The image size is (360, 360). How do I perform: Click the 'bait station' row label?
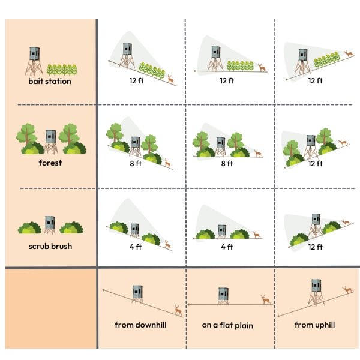pos(50,81)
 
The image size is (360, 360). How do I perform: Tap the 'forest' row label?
pos(50,163)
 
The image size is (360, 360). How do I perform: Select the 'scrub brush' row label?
pos(50,247)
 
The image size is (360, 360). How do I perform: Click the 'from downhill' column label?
pos(140,325)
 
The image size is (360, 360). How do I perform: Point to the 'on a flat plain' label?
pos(227,325)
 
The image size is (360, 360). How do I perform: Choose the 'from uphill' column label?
pos(314,325)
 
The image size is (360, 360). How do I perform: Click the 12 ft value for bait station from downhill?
pos(137,81)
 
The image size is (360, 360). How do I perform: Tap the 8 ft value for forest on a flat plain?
pos(227,163)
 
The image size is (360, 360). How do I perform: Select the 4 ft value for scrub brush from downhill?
pos(136,247)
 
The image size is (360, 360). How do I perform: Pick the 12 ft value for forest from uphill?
pos(316,163)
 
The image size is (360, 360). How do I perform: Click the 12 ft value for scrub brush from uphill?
pos(316,247)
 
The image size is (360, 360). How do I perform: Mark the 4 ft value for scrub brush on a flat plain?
pos(227,247)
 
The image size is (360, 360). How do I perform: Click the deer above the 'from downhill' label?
pos(178,310)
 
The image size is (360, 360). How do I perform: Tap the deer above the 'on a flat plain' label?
pos(266,300)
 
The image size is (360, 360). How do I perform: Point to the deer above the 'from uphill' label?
pos(348,290)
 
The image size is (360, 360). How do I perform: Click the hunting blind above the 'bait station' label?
pos(34,61)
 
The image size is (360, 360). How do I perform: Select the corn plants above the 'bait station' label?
pos(62,70)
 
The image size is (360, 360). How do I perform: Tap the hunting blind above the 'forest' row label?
pos(51,142)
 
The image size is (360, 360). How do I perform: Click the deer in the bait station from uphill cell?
pos(349,54)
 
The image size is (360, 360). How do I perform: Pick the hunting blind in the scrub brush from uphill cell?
pos(316,226)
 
